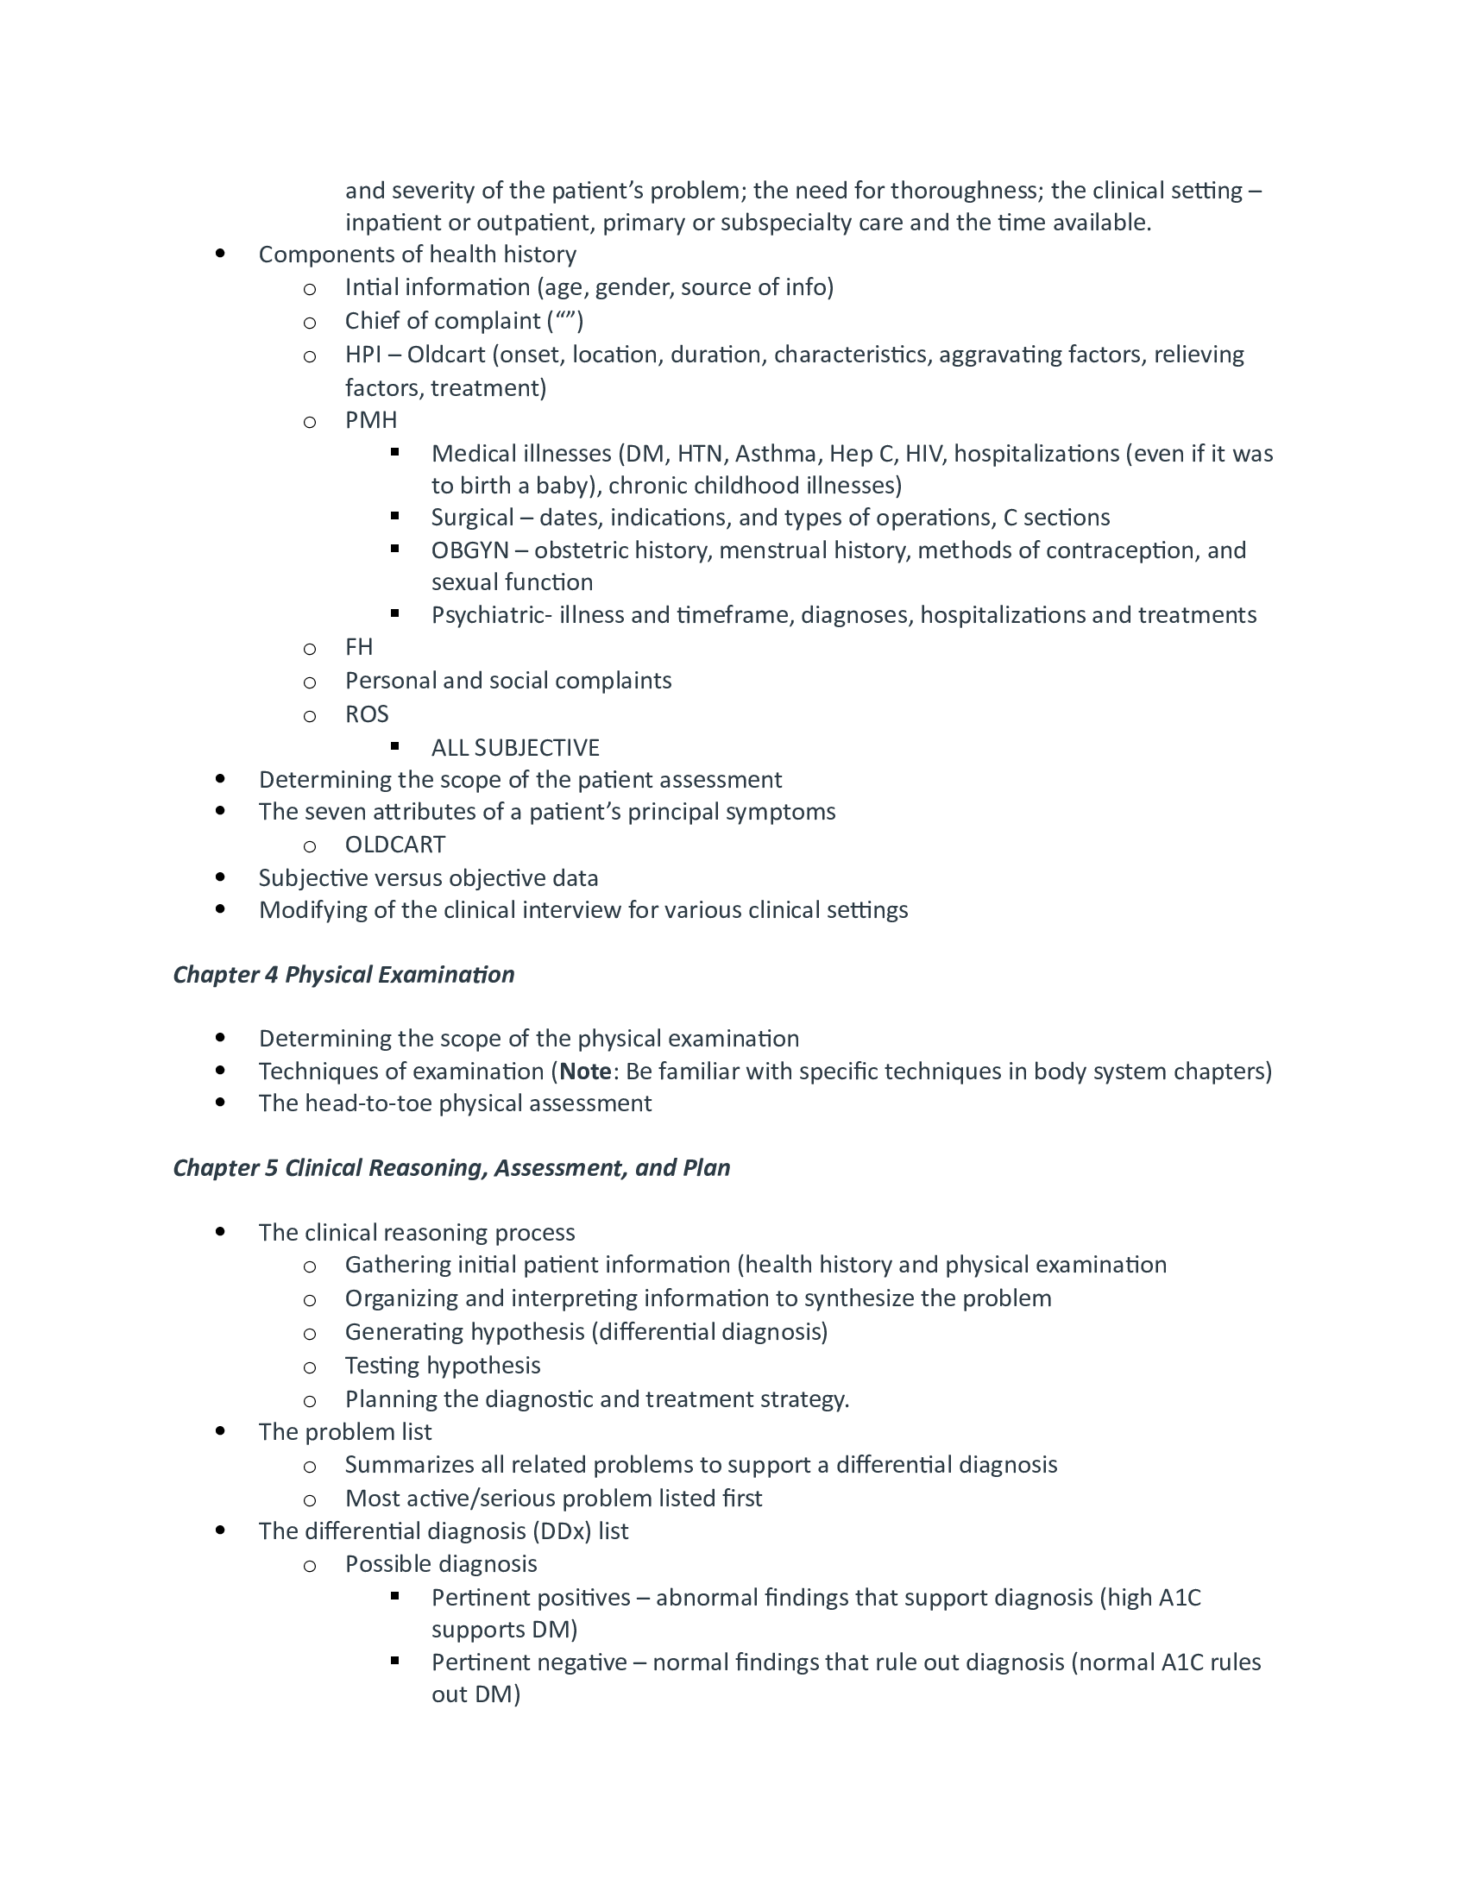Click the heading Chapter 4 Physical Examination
tap(343, 974)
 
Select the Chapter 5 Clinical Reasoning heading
tap(451, 1167)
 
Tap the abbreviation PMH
tap(371, 420)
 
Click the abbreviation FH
tap(359, 646)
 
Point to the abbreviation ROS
tap(367, 713)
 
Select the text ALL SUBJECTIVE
tap(515, 747)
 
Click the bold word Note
tap(586, 1071)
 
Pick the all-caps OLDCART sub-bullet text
tap(395, 844)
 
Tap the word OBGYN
tap(469, 550)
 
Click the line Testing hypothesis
tap(443, 1366)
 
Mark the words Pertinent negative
tap(529, 1662)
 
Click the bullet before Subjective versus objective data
tap(220, 877)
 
